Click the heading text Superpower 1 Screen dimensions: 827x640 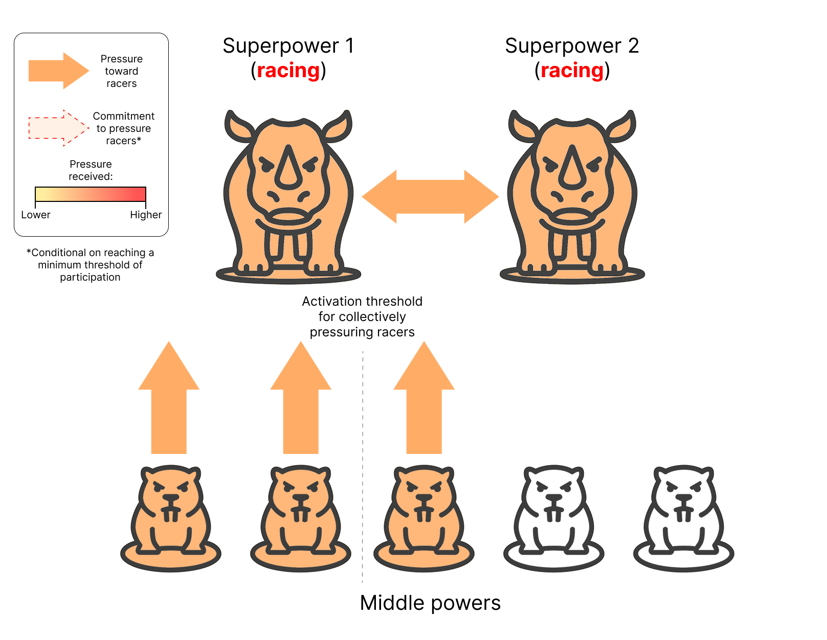[x=288, y=46]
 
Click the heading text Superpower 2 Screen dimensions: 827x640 [x=572, y=46]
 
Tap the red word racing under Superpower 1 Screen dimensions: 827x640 [x=288, y=71]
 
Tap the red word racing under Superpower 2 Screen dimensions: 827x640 [x=572, y=71]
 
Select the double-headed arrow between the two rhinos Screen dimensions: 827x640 [x=430, y=197]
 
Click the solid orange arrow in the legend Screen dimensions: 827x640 [x=59, y=71]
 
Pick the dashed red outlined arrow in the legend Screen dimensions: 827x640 [x=59, y=128]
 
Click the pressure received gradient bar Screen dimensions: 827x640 [x=90, y=194]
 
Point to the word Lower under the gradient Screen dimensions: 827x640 [x=36, y=215]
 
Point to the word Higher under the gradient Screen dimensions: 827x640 [x=146, y=215]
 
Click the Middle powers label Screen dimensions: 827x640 [x=430, y=603]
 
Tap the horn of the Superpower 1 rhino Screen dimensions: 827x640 [x=288, y=167]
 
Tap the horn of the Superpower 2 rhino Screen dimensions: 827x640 [x=572, y=167]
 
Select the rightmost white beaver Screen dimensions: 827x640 [x=683, y=517]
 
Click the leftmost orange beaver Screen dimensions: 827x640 [x=170, y=517]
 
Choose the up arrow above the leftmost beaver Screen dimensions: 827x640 [x=169, y=397]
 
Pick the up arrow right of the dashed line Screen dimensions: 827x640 [x=424, y=397]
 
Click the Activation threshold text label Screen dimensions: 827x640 [x=362, y=316]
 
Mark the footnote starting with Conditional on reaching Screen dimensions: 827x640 [x=90, y=265]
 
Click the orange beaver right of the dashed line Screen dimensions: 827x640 [x=424, y=517]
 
